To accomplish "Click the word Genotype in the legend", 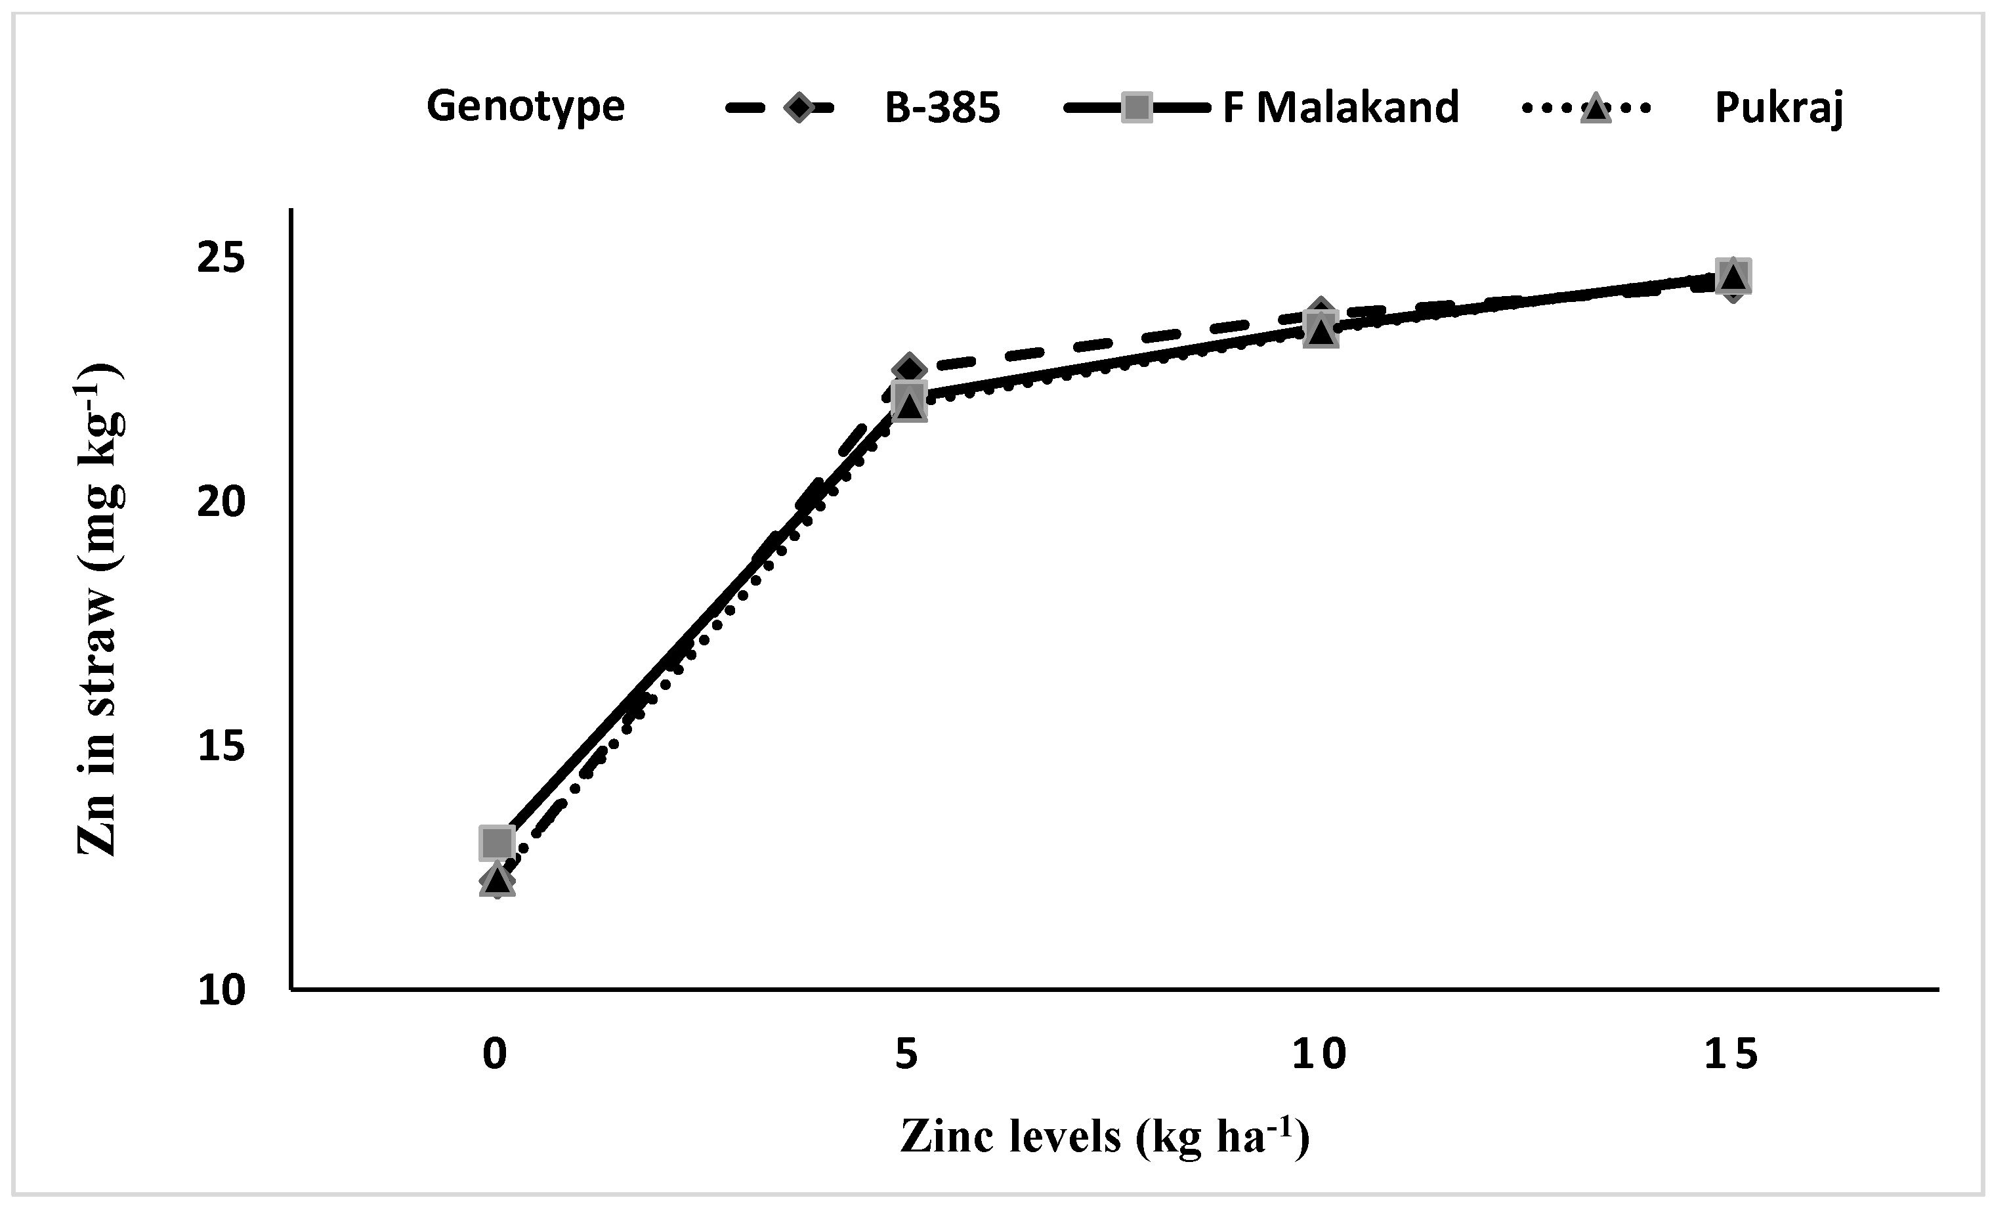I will pyautogui.click(x=526, y=106).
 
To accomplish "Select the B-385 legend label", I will pyautogui.click(x=942, y=108).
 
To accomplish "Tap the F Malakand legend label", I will pyautogui.click(x=1341, y=108).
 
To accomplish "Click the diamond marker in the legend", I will pyautogui.click(x=798, y=107).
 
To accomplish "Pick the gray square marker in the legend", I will pyautogui.click(x=1137, y=107).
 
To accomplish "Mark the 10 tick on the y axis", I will pyautogui.click(x=221, y=990).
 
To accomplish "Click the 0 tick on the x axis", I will pyautogui.click(x=496, y=1054).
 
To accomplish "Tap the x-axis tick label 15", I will pyautogui.click(x=1730, y=1054).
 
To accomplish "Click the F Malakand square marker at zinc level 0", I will pyautogui.click(x=496, y=842).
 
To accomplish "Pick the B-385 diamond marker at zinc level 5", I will pyautogui.click(x=908, y=370).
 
